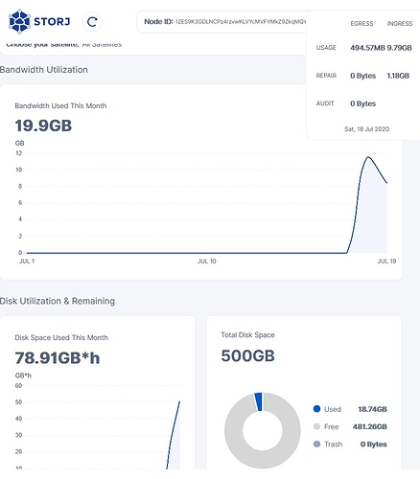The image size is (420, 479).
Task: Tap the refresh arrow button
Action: coord(91,20)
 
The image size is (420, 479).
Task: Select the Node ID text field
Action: coord(225,20)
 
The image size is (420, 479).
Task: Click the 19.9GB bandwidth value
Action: coord(44,125)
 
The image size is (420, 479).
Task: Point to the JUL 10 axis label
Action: coord(206,261)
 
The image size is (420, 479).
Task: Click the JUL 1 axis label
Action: coord(27,261)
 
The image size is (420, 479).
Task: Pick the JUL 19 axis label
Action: coord(386,261)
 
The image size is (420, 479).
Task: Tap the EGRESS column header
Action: coord(362,23)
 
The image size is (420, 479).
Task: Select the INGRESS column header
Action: coord(399,23)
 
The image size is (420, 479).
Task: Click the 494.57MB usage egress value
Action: coord(369,47)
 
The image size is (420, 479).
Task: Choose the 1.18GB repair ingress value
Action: coord(399,75)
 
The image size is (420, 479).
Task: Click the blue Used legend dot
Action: coord(317,407)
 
